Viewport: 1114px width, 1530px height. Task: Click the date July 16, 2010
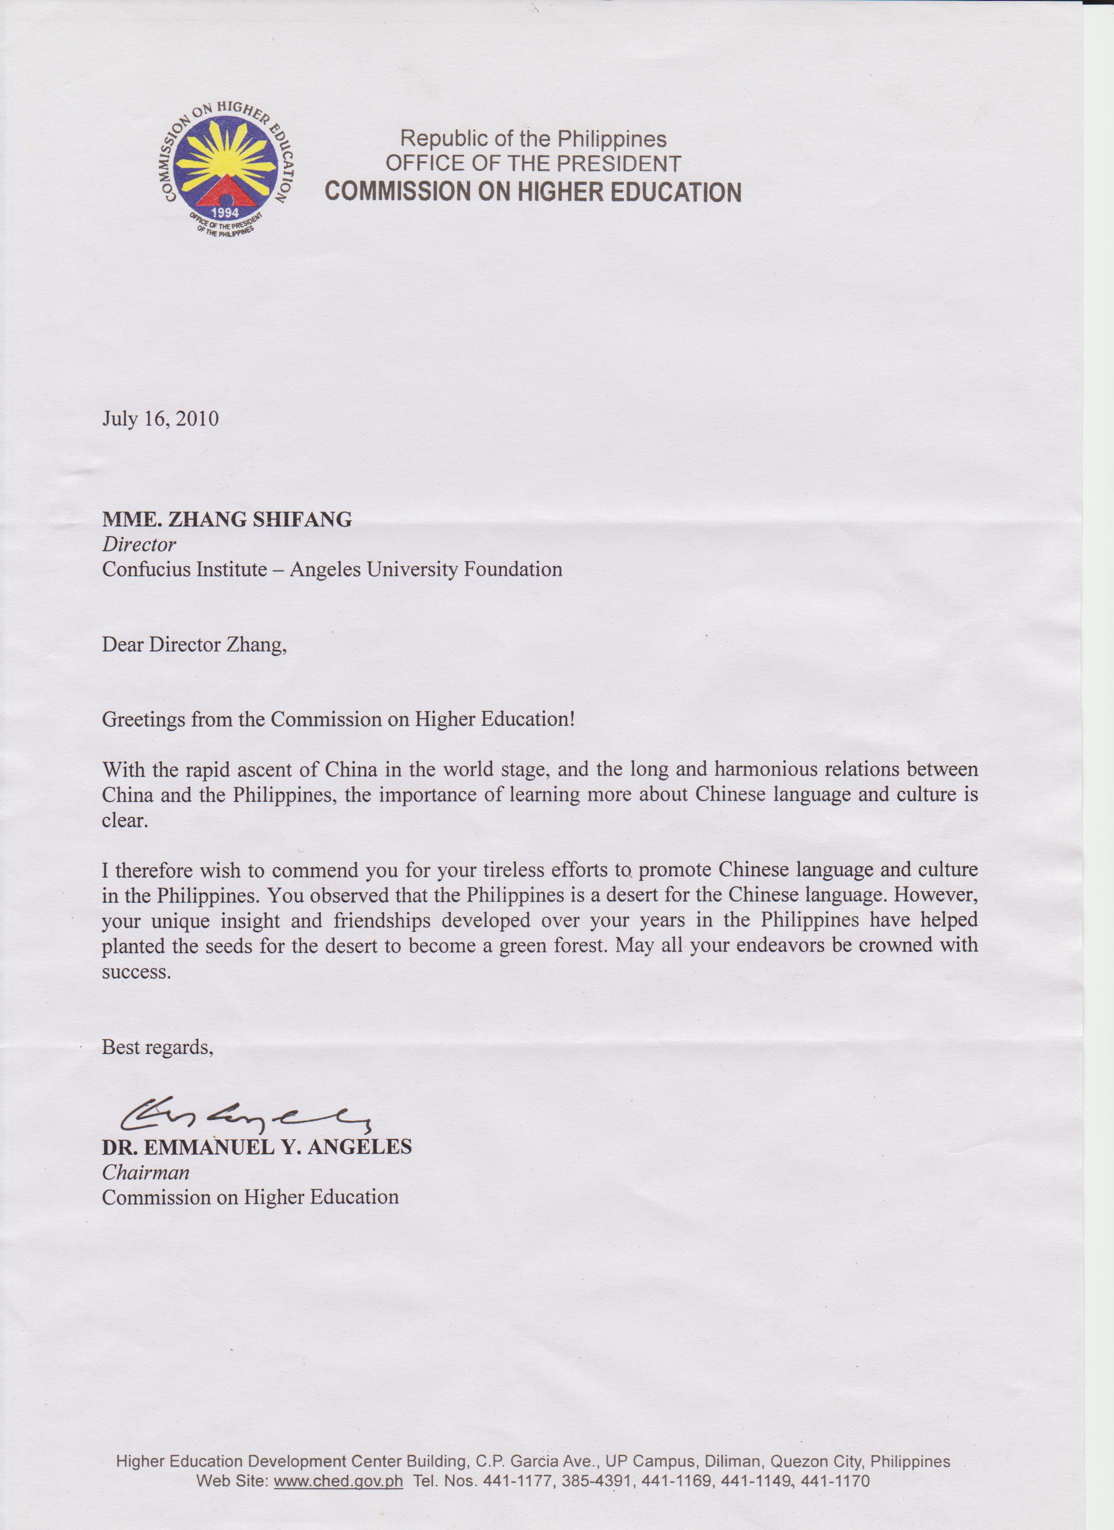click(x=160, y=419)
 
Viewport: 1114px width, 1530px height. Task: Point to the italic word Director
click(x=139, y=545)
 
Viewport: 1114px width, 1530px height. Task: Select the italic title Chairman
click(x=145, y=1173)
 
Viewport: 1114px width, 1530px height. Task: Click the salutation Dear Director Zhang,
click(x=194, y=645)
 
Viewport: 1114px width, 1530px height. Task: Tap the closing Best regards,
click(x=157, y=1047)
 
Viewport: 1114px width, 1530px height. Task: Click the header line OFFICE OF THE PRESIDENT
click(x=533, y=164)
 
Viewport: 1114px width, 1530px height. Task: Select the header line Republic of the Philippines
click(x=533, y=139)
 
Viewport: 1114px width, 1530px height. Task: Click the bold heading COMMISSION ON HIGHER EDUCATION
click(x=533, y=191)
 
